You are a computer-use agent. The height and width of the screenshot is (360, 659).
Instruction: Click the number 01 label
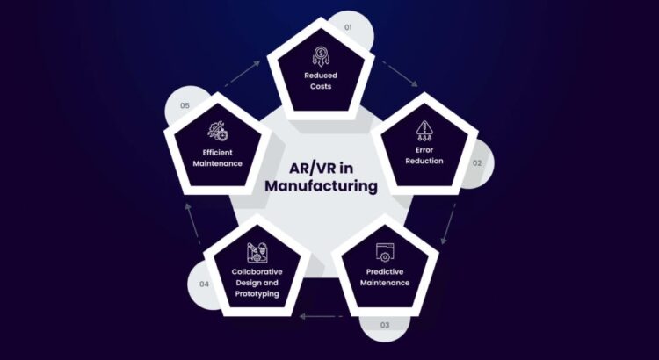click(x=348, y=27)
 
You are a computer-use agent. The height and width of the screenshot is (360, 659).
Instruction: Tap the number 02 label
click(x=477, y=163)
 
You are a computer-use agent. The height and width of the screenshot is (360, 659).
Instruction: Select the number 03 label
click(x=385, y=325)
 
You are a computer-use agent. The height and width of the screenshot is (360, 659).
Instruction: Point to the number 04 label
click(x=204, y=284)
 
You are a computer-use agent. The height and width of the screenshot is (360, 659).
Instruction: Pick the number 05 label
click(x=185, y=105)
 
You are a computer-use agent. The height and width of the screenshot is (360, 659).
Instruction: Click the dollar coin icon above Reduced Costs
click(x=321, y=56)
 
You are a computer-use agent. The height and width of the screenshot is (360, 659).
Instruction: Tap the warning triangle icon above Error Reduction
click(x=424, y=131)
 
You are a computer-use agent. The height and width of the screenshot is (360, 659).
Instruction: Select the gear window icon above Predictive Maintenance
click(x=385, y=252)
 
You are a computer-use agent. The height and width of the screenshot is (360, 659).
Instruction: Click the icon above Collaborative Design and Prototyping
click(x=257, y=253)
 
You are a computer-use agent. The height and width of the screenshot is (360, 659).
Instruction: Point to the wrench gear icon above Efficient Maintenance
click(x=218, y=131)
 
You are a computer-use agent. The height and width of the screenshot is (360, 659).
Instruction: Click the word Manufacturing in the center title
click(x=321, y=185)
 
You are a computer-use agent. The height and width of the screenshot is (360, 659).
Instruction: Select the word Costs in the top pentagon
click(x=321, y=86)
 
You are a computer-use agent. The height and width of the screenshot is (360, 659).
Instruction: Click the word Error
click(x=424, y=150)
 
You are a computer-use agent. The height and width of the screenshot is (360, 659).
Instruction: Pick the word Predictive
click(x=385, y=272)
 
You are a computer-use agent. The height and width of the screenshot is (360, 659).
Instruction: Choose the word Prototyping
click(x=257, y=293)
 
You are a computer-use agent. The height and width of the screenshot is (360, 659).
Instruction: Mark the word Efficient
click(x=217, y=153)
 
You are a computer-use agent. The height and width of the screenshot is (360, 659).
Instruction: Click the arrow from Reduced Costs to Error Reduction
click(x=400, y=74)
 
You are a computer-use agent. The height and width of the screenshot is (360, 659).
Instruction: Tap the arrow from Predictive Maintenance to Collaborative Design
click(x=321, y=316)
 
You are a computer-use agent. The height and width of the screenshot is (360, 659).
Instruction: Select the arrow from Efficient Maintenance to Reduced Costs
click(x=243, y=74)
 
